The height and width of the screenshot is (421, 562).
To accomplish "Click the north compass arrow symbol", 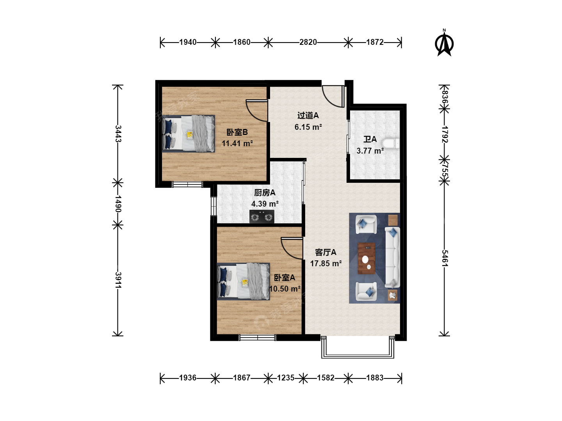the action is pyautogui.click(x=444, y=43).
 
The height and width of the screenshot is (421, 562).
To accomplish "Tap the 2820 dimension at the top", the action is pyautogui.click(x=308, y=42).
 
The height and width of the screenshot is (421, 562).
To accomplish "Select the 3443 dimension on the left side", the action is pyautogui.click(x=118, y=134).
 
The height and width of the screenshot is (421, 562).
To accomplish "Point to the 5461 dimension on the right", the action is pyautogui.click(x=445, y=258).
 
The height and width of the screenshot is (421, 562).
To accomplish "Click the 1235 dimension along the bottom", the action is pyautogui.click(x=286, y=378).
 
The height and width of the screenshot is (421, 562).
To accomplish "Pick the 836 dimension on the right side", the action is pyautogui.click(x=445, y=97).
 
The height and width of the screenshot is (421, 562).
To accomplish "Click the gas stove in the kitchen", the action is pyautogui.click(x=261, y=216).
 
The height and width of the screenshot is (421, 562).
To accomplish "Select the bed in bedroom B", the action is pyautogui.click(x=188, y=134).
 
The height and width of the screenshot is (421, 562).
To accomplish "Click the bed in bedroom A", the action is pyautogui.click(x=244, y=281).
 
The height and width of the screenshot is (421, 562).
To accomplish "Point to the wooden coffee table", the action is pyautogui.click(x=366, y=258).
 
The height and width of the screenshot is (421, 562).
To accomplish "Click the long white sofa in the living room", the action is pyautogui.click(x=392, y=257).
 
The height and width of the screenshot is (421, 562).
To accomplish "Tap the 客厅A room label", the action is pyautogui.click(x=325, y=253).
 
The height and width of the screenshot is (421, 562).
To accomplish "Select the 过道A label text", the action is pyautogui.click(x=308, y=115).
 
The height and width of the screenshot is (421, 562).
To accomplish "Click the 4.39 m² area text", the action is pyautogui.click(x=265, y=204).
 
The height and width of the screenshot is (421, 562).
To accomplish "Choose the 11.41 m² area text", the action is pyautogui.click(x=237, y=143).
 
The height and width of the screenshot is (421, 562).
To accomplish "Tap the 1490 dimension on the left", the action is pyautogui.click(x=118, y=204).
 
